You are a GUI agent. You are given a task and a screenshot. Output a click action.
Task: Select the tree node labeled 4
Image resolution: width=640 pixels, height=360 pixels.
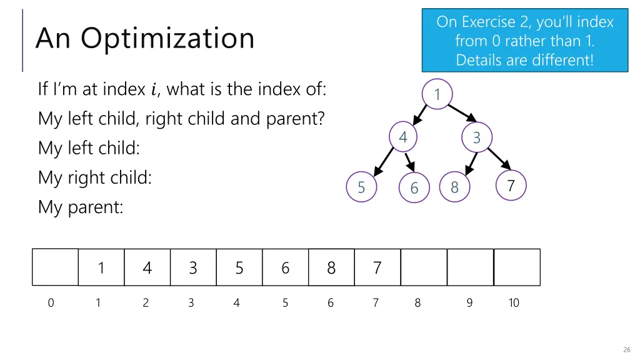pyautogui.click(x=403, y=137)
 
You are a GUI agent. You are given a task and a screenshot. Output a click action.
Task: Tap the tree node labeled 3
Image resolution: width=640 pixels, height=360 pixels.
pyautogui.click(x=477, y=137)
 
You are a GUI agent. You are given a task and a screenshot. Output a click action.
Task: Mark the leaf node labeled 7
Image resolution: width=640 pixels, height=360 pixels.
pyautogui.click(x=511, y=186)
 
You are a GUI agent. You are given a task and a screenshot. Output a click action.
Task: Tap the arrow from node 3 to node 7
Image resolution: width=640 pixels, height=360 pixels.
pyautogui.click(x=497, y=158)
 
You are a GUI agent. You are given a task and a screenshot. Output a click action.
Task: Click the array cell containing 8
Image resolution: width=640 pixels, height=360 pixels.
pyautogui.click(x=331, y=267)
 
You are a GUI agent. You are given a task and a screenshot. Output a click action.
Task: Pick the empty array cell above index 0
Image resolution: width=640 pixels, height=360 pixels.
pyautogui.click(x=55, y=267)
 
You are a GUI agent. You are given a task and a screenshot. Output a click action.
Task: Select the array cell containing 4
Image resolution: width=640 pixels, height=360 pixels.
pyautogui.click(x=147, y=267)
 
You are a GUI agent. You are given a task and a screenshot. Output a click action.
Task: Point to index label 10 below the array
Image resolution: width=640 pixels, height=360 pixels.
pyautogui.click(x=513, y=303)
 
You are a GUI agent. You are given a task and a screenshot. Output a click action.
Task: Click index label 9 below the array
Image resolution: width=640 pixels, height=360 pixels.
pyautogui.click(x=469, y=303)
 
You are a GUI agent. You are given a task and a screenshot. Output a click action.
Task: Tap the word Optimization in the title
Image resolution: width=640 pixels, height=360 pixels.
pyautogui.click(x=167, y=38)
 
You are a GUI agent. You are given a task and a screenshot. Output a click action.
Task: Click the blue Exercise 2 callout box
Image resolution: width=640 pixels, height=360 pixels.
pyautogui.click(x=524, y=41)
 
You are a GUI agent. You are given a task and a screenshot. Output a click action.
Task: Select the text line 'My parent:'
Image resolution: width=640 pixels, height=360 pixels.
pyautogui.click(x=80, y=207)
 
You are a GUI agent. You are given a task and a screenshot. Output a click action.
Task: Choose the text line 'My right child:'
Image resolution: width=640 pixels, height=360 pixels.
pyautogui.click(x=95, y=177)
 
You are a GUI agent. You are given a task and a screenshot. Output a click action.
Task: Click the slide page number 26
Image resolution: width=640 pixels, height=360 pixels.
pyautogui.click(x=627, y=349)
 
